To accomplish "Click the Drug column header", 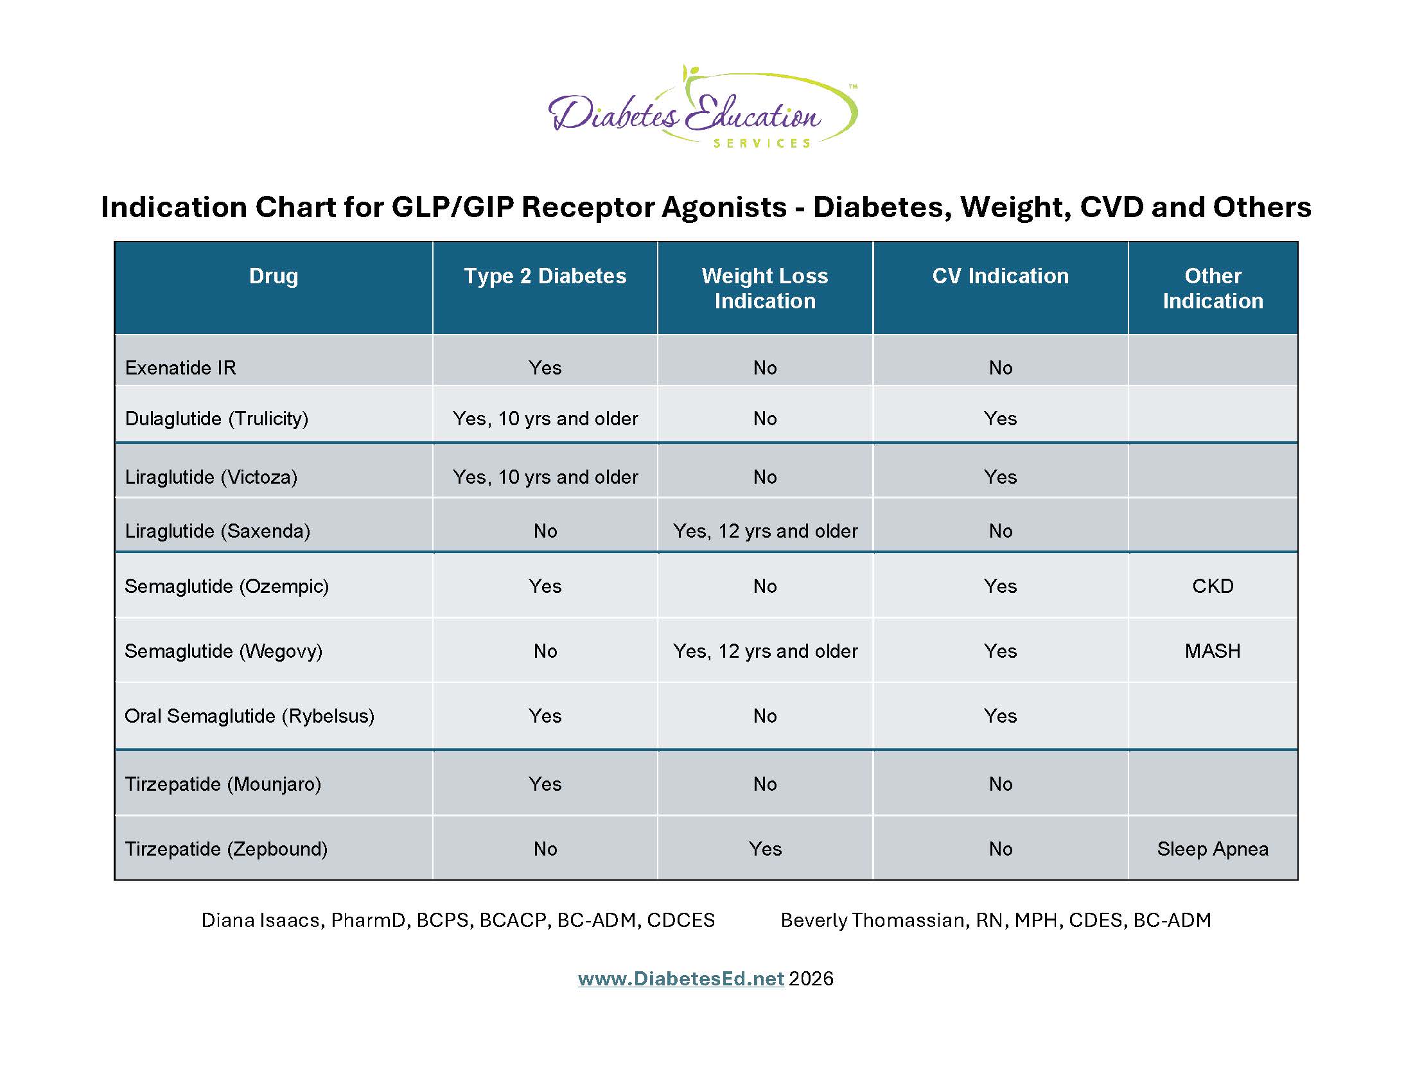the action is pos(274,276).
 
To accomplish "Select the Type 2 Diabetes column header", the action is pos(545,276).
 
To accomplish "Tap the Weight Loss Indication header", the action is pos(765,288).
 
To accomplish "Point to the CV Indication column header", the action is pos(1000,276).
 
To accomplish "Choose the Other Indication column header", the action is pos(1213,288).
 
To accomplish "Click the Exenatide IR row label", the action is pos(180,367).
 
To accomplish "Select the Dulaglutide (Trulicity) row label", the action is pos(216,419).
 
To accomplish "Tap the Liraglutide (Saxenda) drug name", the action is pos(217,531).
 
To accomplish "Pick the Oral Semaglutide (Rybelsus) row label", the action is pos(250,716).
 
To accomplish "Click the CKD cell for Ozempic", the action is pos(1213,586).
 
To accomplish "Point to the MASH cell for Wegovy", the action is pos(1213,651).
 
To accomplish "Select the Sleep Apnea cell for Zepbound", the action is pos(1213,849).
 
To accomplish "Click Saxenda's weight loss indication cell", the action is pos(765,531).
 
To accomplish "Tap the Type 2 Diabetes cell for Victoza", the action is pos(545,477).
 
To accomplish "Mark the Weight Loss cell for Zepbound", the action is pos(765,849).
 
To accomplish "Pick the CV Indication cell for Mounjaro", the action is pos(1000,784).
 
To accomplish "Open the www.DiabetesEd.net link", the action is pos(681,978).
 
